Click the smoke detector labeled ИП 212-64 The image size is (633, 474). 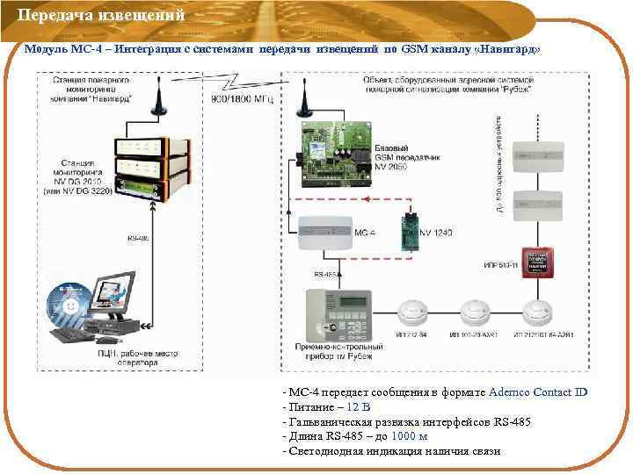(412, 312)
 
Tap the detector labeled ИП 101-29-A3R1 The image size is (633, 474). (476, 312)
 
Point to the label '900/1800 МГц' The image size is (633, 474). (242, 99)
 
